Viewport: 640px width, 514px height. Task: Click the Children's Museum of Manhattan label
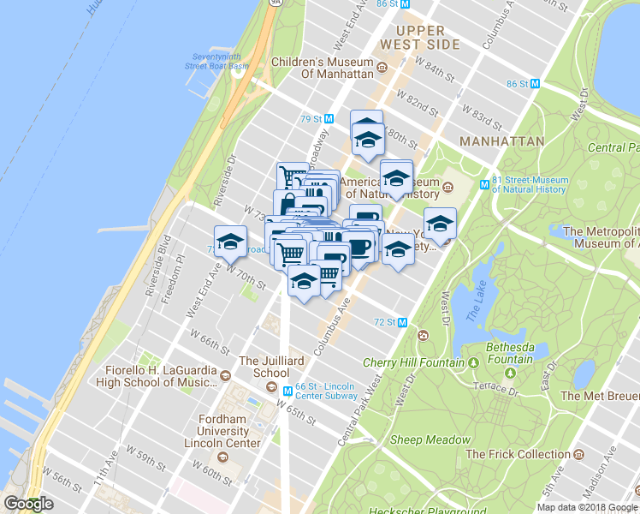point(322,68)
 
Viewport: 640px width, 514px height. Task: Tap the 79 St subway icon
point(329,118)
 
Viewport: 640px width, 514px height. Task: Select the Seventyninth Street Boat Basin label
point(220,61)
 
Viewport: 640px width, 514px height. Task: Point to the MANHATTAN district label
point(501,140)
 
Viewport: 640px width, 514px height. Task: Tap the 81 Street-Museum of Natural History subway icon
point(484,183)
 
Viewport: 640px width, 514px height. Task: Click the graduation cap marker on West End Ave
point(230,241)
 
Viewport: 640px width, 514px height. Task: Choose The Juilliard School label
point(271,367)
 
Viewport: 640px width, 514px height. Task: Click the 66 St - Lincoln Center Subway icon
point(288,390)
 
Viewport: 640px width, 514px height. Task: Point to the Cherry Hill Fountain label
point(413,362)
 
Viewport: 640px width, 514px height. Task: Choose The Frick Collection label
point(523,454)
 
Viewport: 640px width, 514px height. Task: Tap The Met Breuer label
point(599,396)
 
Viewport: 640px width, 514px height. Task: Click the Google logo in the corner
point(29,504)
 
